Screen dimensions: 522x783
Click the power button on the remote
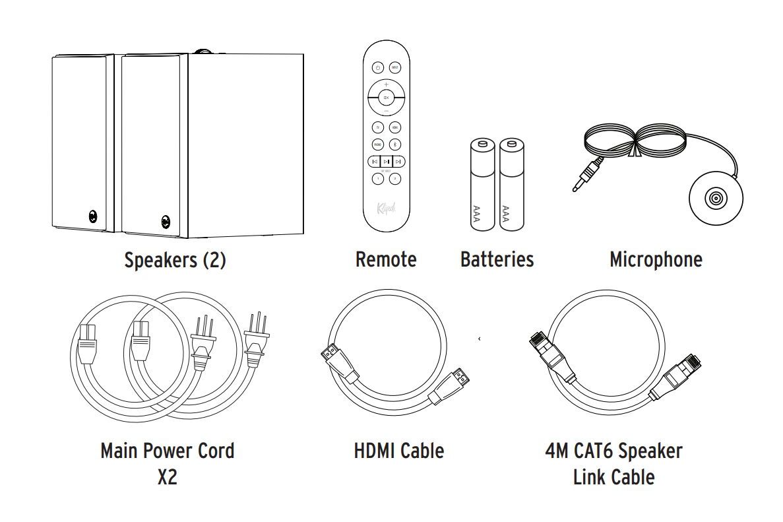coord(377,67)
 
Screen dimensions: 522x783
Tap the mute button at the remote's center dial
coord(387,98)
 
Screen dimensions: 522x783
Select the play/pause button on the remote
coord(387,161)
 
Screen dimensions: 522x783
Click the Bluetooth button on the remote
coord(395,144)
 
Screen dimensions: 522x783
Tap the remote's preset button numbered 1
coord(377,178)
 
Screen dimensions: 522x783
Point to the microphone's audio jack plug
coord(584,177)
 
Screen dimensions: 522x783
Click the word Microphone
coord(656,259)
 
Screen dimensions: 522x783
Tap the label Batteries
coord(497,259)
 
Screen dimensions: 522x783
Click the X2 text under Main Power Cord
coord(167,477)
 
